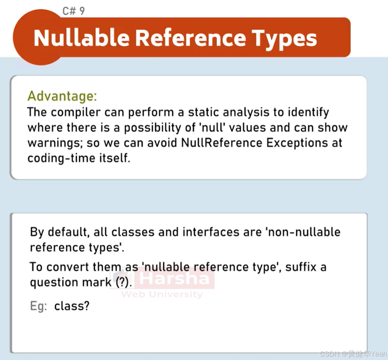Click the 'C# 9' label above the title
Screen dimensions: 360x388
pos(73,11)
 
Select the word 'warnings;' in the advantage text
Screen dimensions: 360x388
pos(56,143)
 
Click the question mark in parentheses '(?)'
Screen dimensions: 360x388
pos(122,283)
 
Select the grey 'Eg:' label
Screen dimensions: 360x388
pos(39,306)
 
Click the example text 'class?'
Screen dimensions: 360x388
pos(72,306)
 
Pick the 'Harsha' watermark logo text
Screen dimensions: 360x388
pos(174,279)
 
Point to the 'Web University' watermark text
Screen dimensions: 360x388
pos(162,294)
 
